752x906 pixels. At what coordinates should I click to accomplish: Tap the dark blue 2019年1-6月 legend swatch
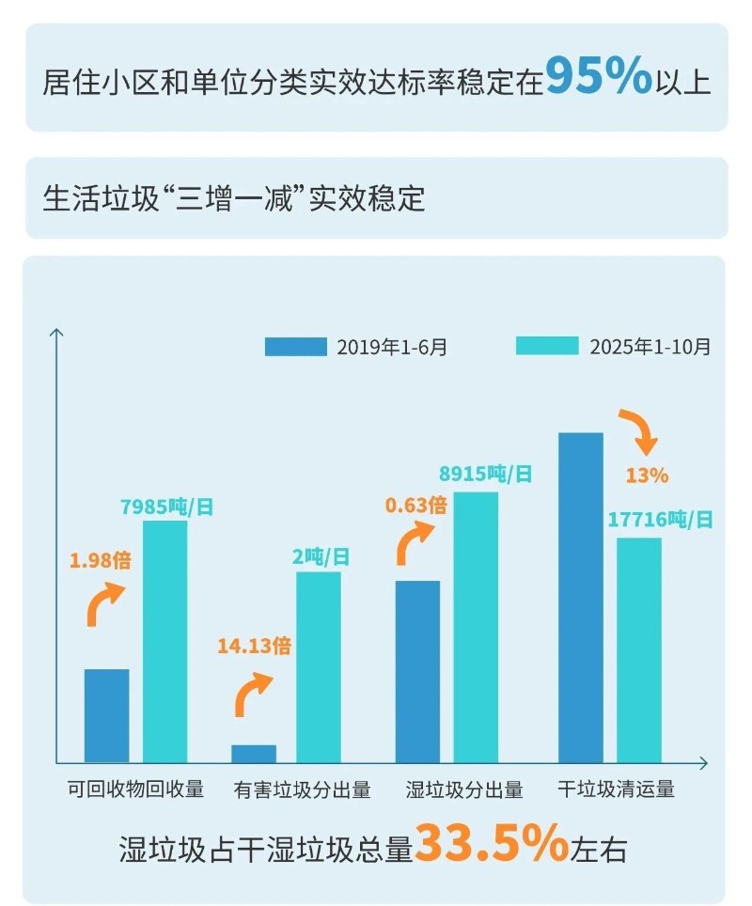295,347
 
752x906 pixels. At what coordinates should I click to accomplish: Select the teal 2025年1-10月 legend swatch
547,347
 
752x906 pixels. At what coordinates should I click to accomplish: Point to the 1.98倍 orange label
100,562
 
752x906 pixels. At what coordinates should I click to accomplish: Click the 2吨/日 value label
321,557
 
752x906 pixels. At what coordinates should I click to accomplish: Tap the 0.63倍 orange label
415,505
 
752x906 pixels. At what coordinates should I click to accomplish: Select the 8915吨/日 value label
486,475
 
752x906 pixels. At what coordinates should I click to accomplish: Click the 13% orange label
647,476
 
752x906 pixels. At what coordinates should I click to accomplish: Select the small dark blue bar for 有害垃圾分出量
254,753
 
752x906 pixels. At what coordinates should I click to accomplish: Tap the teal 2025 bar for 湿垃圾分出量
476,626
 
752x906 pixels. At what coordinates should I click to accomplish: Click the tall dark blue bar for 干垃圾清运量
581,597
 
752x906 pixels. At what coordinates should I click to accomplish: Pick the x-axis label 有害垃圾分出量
303,789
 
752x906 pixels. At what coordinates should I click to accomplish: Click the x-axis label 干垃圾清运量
616,789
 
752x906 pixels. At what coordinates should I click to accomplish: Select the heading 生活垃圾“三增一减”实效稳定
234,199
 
